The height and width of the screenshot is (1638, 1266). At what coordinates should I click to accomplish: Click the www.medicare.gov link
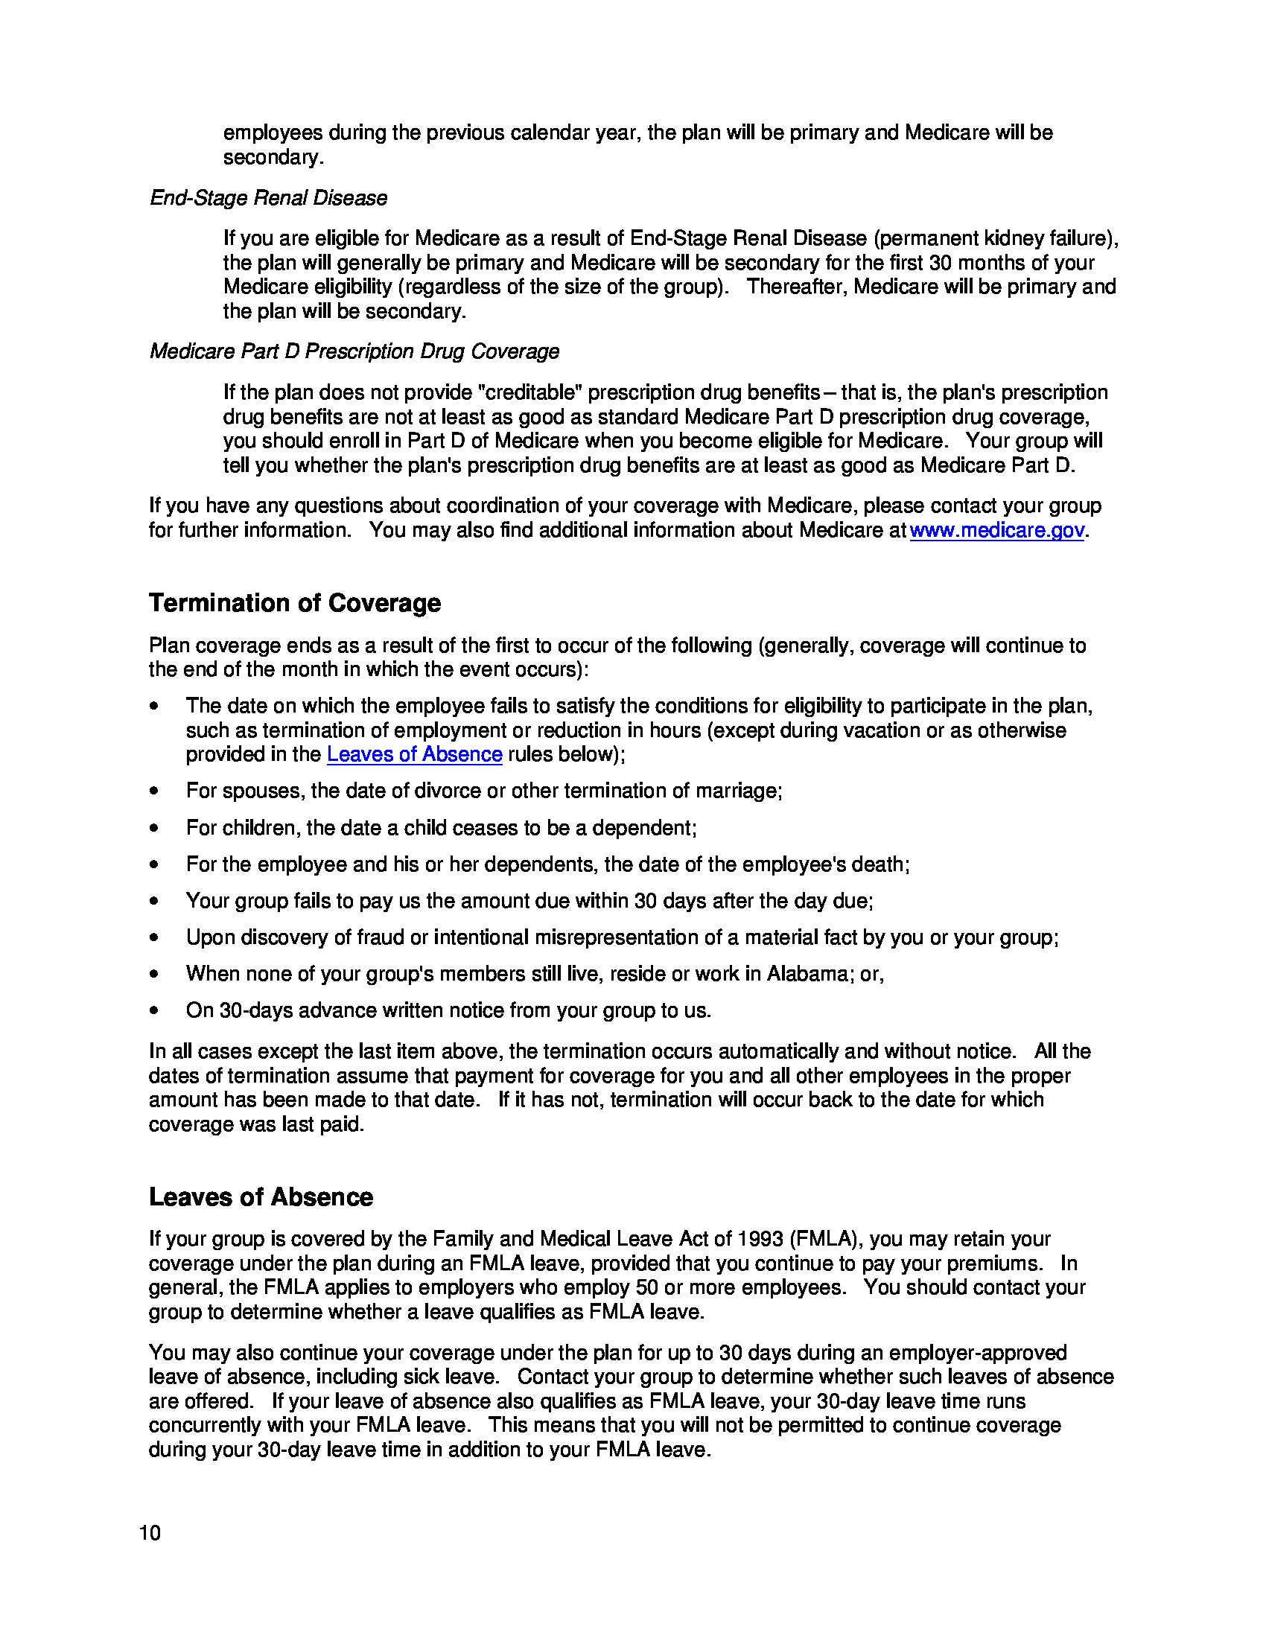(x=996, y=530)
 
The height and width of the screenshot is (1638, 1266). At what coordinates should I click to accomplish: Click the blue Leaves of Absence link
(x=414, y=753)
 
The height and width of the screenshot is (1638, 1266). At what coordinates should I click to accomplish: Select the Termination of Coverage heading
(x=294, y=603)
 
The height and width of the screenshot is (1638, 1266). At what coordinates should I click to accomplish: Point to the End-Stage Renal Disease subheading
(x=269, y=198)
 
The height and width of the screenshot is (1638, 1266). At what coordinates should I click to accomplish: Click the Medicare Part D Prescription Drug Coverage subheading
(x=354, y=351)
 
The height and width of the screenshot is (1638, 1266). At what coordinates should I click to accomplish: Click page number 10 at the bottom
(x=149, y=1533)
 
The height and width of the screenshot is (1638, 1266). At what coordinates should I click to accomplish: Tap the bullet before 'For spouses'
(x=153, y=791)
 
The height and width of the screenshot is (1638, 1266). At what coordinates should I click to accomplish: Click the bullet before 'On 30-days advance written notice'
(x=153, y=1010)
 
